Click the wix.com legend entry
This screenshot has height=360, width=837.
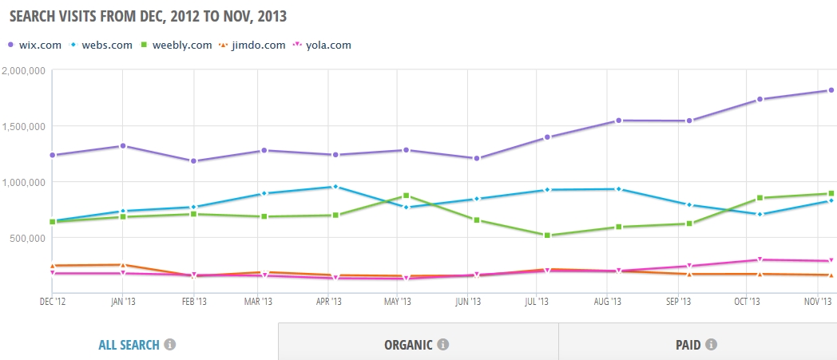click(34, 45)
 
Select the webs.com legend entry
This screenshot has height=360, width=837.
click(101, 45)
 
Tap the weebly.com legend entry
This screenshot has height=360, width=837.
click(177, 45)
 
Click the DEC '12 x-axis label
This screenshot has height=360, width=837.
click(53, 302)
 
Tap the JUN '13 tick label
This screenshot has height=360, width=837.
click(467, 302)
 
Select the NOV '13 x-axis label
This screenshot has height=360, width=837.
click(819, 302)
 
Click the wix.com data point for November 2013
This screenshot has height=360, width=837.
click(831, 90)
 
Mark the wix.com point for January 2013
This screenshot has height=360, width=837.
click(123, 145)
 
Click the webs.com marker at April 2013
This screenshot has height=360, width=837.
click(335, 187)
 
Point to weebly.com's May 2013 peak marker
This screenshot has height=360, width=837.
click(407, 196)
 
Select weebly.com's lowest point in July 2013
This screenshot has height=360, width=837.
click(547, 235)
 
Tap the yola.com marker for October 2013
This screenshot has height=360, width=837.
click(760, 259)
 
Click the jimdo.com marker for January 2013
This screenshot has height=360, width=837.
click(123, 264)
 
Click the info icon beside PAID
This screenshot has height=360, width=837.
click(711, 345)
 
